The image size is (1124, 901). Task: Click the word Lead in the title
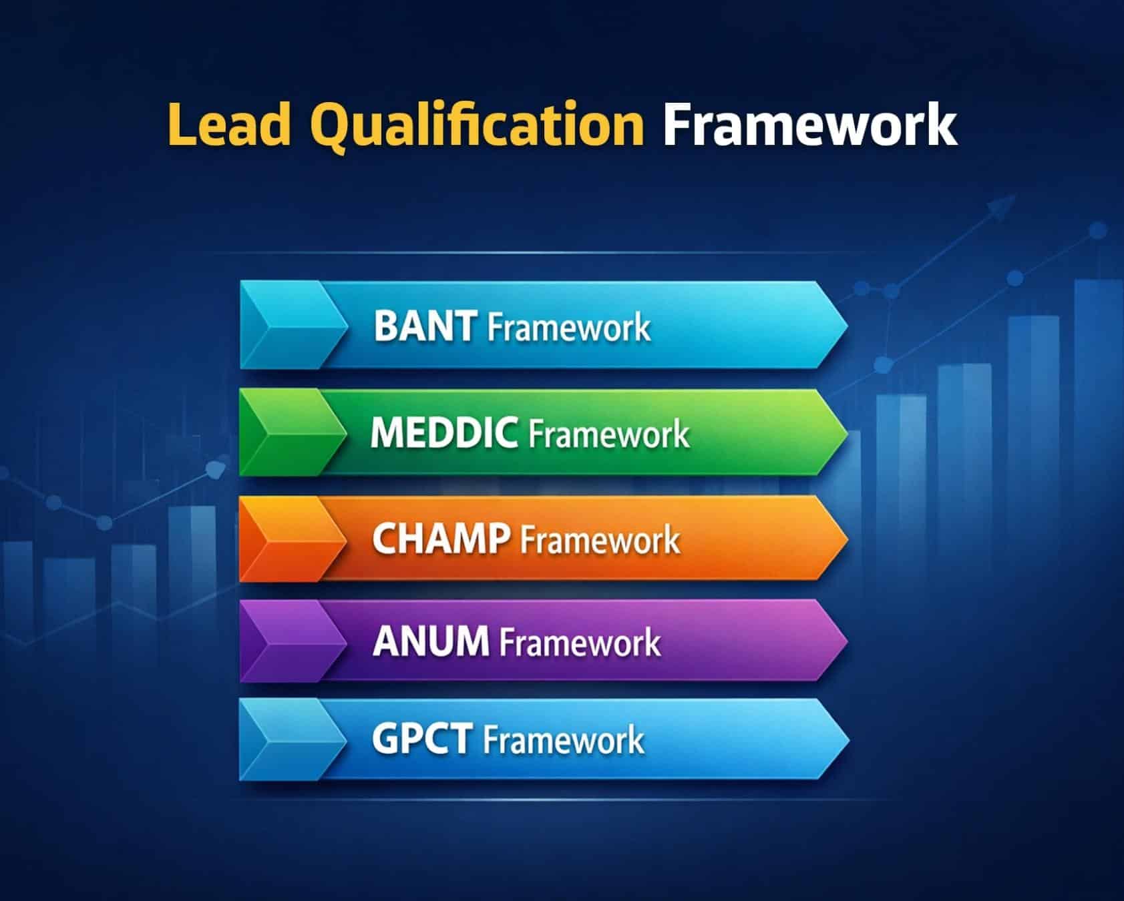pos(229,125)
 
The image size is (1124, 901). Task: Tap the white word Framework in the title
pos(809,125)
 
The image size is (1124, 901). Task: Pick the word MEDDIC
pos(444,432)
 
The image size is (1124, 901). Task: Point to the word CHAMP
pos(441,539)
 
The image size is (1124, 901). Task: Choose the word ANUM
pos(431,641)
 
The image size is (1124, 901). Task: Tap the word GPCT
pos(422,739)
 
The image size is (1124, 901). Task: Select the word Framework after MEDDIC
pos(609,434)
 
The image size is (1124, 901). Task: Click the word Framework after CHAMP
pos(600,539)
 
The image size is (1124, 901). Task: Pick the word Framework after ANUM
pos(580,642)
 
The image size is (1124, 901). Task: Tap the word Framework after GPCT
pos(563,740)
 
